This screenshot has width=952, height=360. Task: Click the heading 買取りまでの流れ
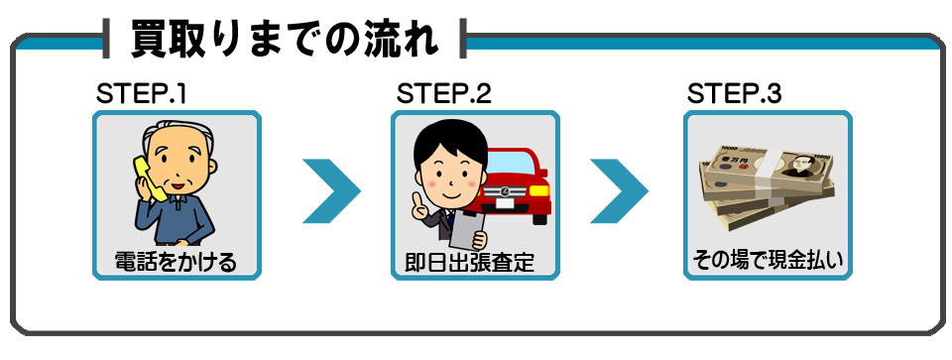(285, 39)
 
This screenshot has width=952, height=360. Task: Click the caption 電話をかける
(176, 263)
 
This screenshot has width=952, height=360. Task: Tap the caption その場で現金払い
(767, 263)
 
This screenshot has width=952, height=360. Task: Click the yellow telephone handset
(146, 179)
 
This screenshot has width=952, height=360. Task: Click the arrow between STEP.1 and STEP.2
(330, 187)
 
